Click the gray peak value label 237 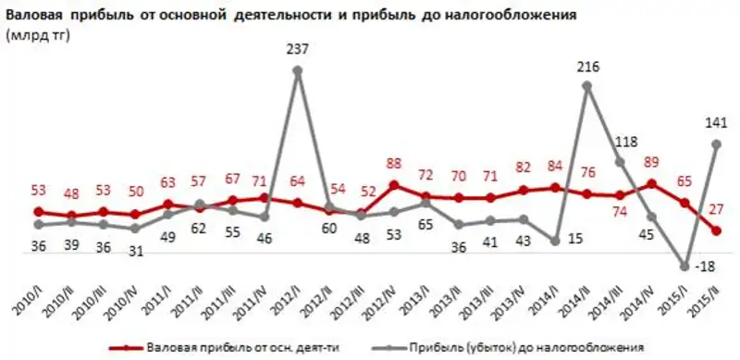click(298, 51)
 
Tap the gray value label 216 click(588, 68)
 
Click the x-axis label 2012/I click(287, 302)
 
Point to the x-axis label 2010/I click(29, 302)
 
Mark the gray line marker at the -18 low click(685, 267)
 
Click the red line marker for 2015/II click(718, 231)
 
